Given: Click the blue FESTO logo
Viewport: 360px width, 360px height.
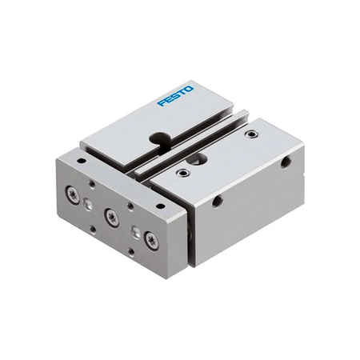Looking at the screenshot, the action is (175, 96).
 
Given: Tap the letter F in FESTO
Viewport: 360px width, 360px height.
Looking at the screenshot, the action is (162, 102).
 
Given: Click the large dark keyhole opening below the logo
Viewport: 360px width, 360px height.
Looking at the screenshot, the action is (160, 138).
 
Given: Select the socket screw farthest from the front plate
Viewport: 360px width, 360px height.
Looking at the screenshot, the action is (251, 134).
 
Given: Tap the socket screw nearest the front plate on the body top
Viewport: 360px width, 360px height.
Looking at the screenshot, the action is (184, 174).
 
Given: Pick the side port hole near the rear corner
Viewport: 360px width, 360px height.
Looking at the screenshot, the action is (286, 162).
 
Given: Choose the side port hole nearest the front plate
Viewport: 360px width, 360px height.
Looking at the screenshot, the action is (218, 202).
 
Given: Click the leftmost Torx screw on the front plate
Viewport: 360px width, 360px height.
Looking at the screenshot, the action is (72, 195).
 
